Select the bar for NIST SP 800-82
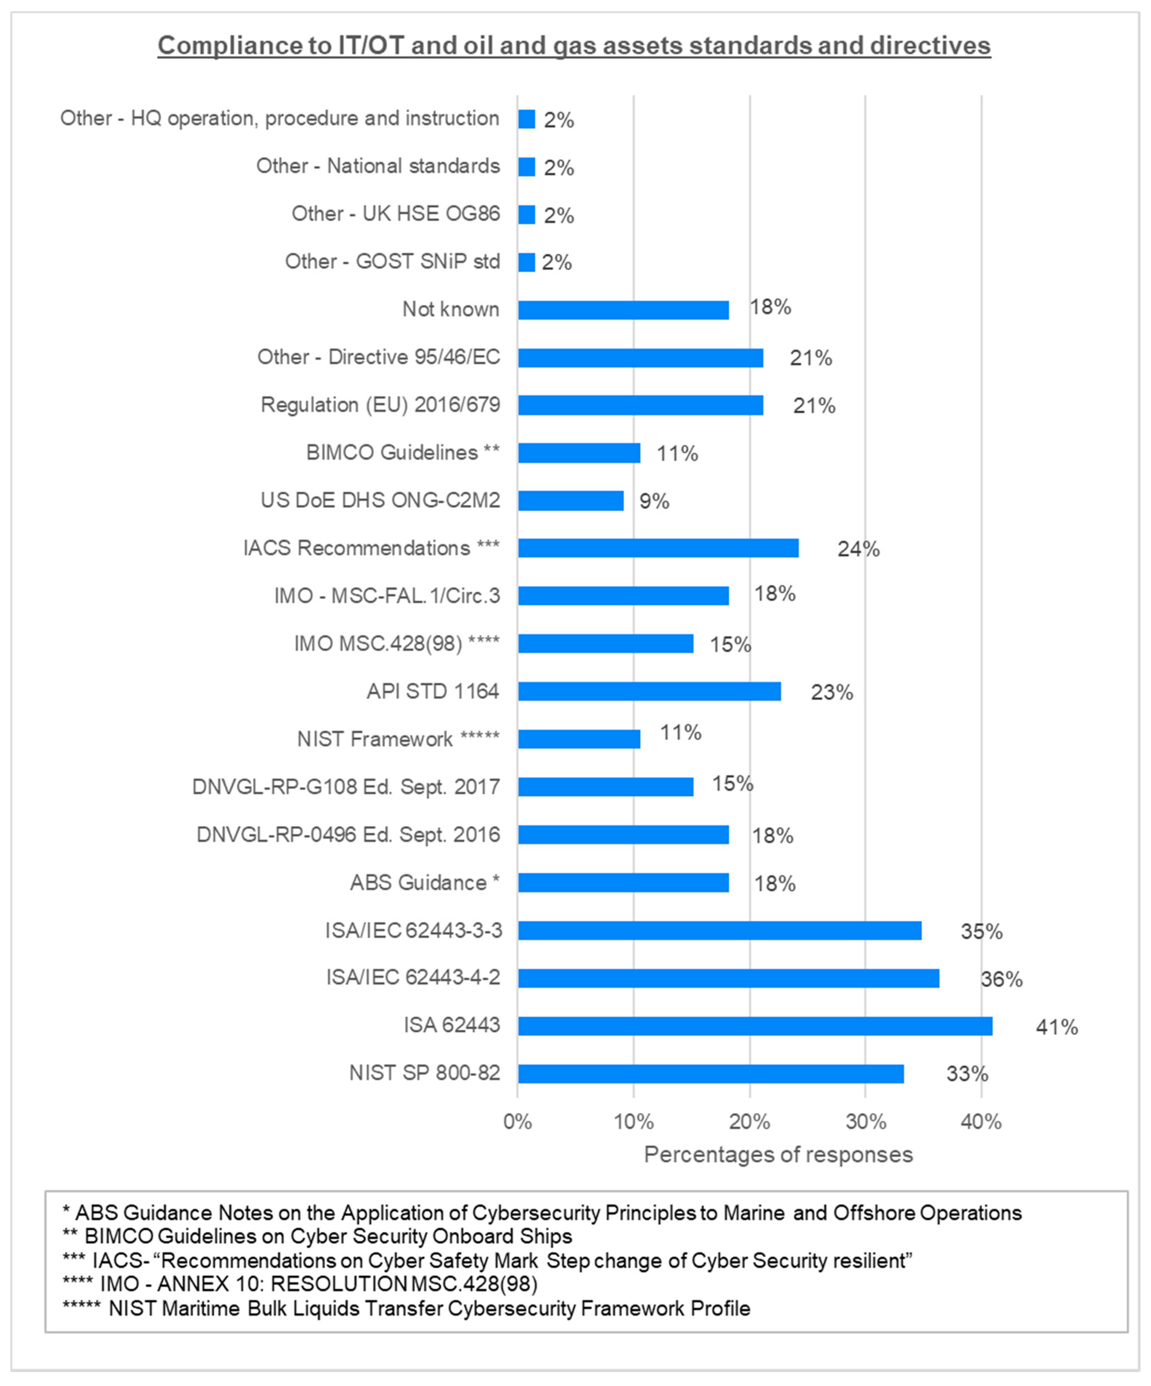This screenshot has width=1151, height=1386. [711, 1074]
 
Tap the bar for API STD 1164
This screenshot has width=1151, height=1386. [649, 691]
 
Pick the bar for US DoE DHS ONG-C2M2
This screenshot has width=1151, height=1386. [570, 500]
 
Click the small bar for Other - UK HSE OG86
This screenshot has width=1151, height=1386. [526, 214]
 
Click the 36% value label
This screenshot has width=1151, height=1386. [1001, 979]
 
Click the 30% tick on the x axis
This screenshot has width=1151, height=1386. [866, 1121]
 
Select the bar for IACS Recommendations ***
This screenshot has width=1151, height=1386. [658, 548]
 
